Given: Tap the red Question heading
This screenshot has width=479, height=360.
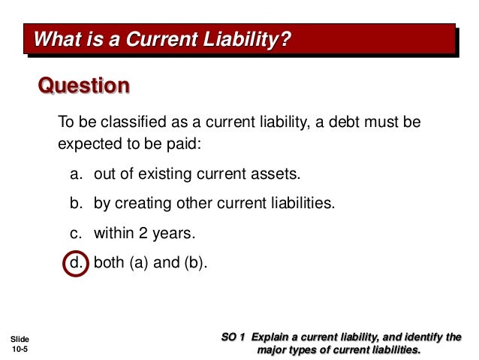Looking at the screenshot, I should click(83, 86).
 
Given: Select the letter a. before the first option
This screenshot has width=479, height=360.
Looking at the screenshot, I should click(76, 174).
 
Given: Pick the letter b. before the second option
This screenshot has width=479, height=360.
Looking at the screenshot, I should click(76, 204).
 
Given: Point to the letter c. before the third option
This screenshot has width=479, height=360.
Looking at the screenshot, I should click(76, 234).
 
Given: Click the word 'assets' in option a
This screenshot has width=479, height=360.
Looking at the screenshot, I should click(279, 174).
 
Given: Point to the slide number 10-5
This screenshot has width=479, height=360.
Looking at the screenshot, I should click(21, 349).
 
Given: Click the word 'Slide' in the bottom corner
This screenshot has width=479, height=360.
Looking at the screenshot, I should click(20, 339).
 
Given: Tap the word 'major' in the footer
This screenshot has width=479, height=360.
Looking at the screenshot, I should click(273, 349).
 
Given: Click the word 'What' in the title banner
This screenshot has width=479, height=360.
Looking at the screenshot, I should click(59, 38).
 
